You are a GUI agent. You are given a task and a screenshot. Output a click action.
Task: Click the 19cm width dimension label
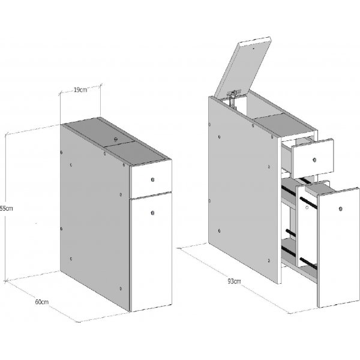tap(80, 90)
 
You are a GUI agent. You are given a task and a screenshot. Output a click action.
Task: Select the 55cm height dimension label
tap(6, 208)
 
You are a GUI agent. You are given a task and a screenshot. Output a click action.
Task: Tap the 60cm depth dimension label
tap(41, 301)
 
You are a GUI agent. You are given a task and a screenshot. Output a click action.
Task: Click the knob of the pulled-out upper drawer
tap(314, 161)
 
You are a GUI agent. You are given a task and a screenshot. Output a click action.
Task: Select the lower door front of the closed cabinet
tap(152, 252)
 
